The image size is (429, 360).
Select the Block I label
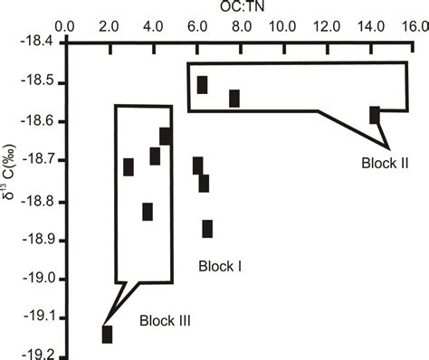click(217, 266)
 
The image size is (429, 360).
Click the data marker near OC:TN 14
click(375, 115)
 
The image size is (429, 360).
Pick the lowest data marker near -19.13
click(108, 334)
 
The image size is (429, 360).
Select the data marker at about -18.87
click(207, 228)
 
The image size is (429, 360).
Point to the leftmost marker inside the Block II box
click(202, 84)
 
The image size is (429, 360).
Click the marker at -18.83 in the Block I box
click(148, 212)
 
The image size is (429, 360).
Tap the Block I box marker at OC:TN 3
click(129, 166)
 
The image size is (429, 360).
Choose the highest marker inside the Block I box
click(166, 136)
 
